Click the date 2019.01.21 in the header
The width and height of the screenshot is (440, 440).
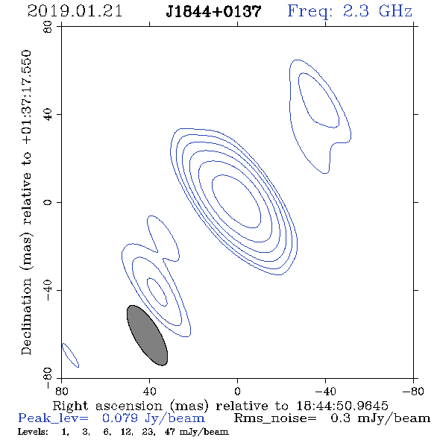[75, 11]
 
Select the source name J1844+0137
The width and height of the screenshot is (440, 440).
[213, 12]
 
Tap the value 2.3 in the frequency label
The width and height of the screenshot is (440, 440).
[356, 11]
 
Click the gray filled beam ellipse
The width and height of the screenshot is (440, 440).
[148, 336]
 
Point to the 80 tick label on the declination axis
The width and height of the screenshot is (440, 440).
[48, 27]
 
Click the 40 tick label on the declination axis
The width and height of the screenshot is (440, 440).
[48, 115]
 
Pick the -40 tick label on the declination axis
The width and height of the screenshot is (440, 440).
[48, 290]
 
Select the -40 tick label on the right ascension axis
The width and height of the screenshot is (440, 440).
[325, 391]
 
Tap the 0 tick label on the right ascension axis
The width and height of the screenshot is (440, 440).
[237, 391]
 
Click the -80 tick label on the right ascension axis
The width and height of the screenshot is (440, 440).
[413, 391]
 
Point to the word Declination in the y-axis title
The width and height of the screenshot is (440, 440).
[26, 316]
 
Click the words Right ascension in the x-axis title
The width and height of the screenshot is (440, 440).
[107, 406]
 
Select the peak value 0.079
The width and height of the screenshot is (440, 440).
[120, 418]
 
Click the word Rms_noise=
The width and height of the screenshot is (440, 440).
[275, 418]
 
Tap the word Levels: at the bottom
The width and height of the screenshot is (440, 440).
[33, 432]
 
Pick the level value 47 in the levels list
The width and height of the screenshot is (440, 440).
[169, 432]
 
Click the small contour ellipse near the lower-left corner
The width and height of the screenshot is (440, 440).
[70, 355]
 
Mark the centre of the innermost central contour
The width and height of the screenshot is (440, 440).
[236, 201]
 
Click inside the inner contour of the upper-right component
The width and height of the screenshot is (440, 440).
[318, 100]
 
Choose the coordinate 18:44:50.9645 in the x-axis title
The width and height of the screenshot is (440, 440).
[342, 406]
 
